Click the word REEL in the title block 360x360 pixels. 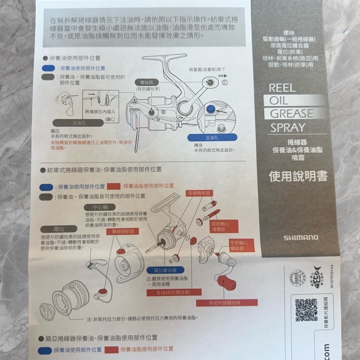[282, 88]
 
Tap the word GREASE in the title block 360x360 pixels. [291, 114]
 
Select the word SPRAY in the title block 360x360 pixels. [288, 127]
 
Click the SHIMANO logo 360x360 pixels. [301, 238]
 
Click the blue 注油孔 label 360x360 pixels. [212, 138]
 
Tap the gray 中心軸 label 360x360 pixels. [99, 207]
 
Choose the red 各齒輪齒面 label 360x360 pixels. [198, 193]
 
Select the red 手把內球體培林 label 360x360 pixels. [227, 303]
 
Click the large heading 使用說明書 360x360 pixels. [298, 176]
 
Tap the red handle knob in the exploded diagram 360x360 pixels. [226, 281]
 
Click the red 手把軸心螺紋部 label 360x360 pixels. [242, 245]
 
